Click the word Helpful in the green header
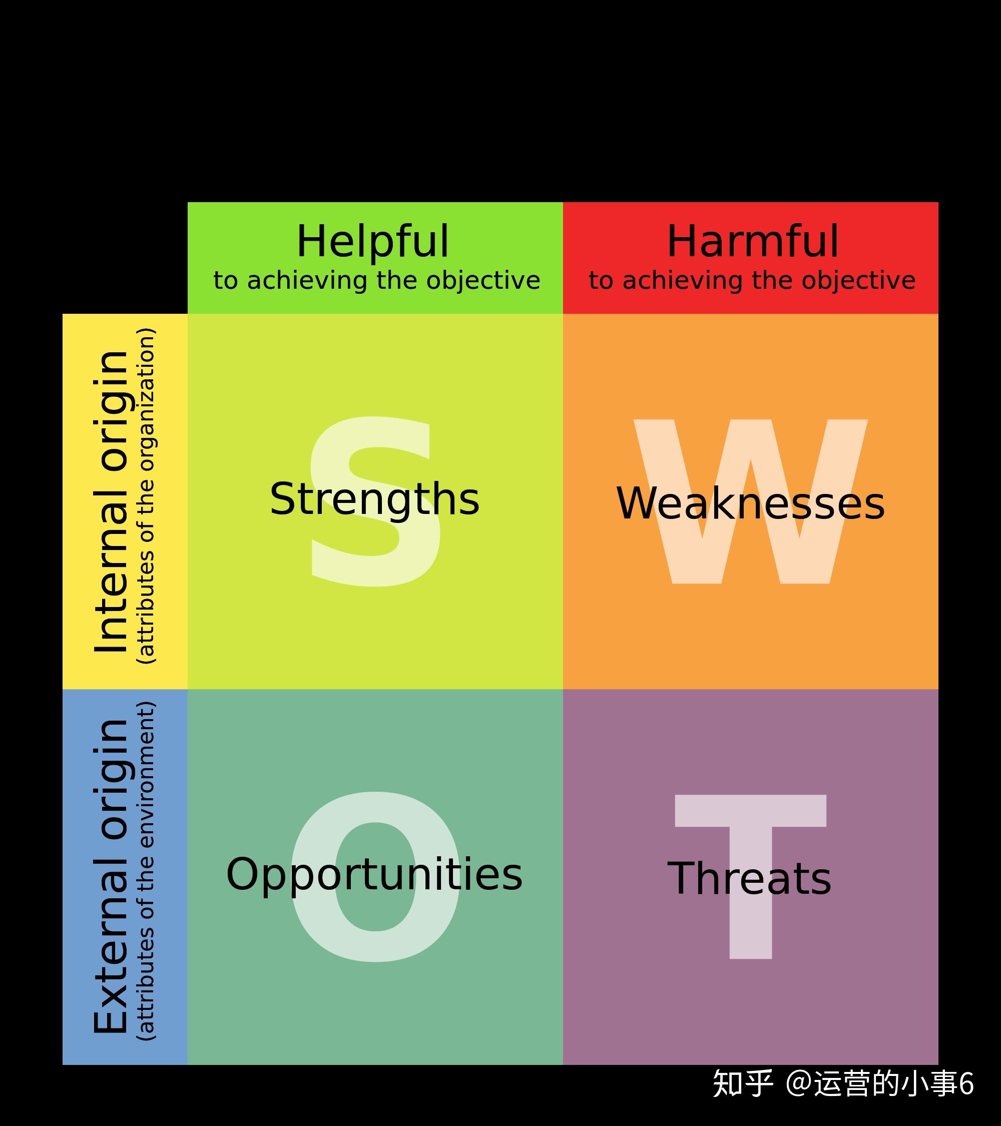click(373, 241)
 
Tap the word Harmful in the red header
click(753, 241)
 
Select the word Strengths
click(374, 499)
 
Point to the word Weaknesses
click(750, 503)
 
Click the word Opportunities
click(374, 874)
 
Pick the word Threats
click(749, 878)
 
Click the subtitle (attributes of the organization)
click(146, 496)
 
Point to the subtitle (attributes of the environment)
click(146, 870)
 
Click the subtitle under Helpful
click(377, 281)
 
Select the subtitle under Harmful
click(752, 281)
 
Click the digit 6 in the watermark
click(966, 1084)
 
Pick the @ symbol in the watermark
click(799, 1083)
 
